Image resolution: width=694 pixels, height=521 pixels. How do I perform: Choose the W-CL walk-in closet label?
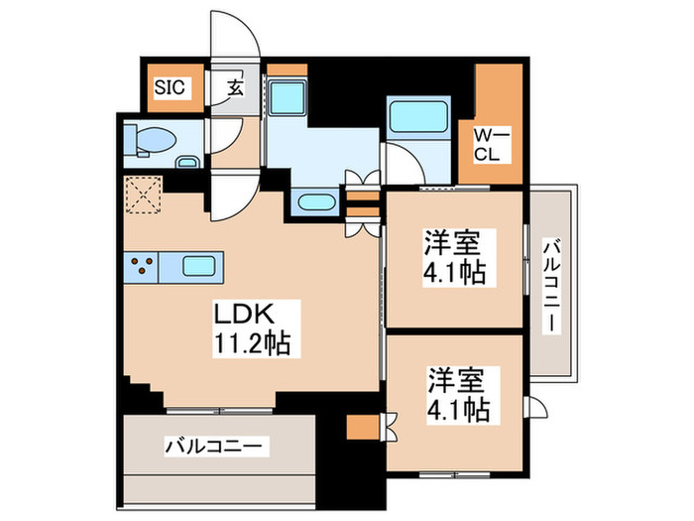pyautogui.click(x=490, y=145)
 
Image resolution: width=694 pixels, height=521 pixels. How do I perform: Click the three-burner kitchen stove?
pyautogui.click(x=143, y=266)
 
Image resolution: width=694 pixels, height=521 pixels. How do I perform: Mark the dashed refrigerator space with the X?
pyautogui.click(x=143, y=195)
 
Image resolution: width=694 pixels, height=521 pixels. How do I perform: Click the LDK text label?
pyautogui.click(x=243, y=316)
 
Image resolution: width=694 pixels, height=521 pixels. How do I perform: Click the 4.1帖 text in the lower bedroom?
pyautogui.click(x=459, y=407)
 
